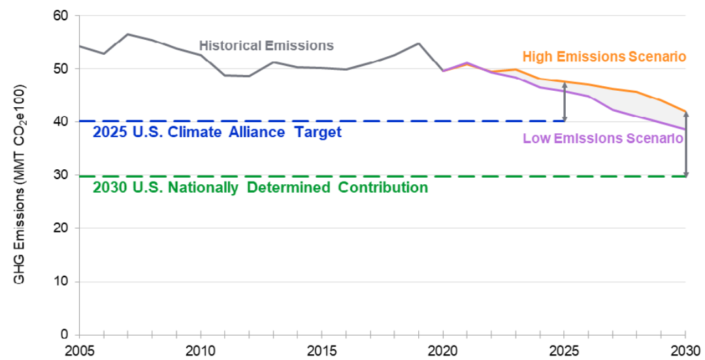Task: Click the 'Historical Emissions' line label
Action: click(x=266, y=46)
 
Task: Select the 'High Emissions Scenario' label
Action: click(x=604, y=57)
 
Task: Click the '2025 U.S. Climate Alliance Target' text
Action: click(x=217, y=132)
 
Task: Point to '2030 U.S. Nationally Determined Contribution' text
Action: click(x=260, y=188)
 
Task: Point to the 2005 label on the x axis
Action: click(x=79, y=351)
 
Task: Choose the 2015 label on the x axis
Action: click(x=322, y=351)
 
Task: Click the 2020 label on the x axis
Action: click(x=444, y=351)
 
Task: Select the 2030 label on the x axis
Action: click(x=686, y=351)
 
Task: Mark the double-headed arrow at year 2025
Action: click(x=565, y=101)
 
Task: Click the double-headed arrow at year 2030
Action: click(x=686, y=144)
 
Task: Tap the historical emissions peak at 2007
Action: click(x=127, y=34)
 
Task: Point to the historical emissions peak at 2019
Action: click(x=419, y=43)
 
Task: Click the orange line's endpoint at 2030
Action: click(x=685, y=111)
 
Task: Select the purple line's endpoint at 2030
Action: click(x=685, y=129)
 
